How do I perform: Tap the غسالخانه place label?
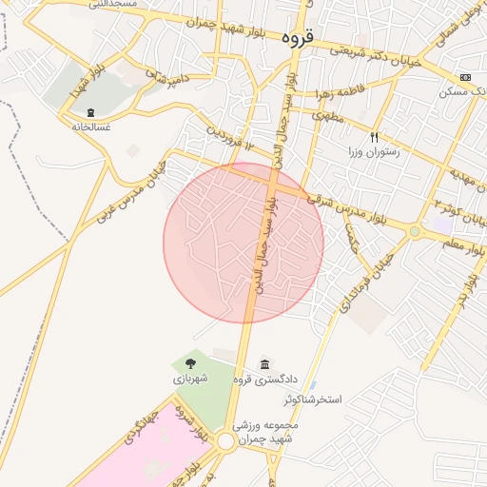pyautogui.click(x=90, y=125)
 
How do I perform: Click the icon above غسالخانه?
pyautogui.click(x=90, y=111)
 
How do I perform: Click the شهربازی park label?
pyautogui.click(x=190, y=378)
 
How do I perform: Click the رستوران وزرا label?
pyautogui.click(x=374, y=152)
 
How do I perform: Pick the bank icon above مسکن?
pyautogui.click(x=464, y=77)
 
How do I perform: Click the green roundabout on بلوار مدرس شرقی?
pyautogui.click(x=415, y=231)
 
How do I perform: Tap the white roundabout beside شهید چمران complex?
pyautogui.click(x=226, y=441)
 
